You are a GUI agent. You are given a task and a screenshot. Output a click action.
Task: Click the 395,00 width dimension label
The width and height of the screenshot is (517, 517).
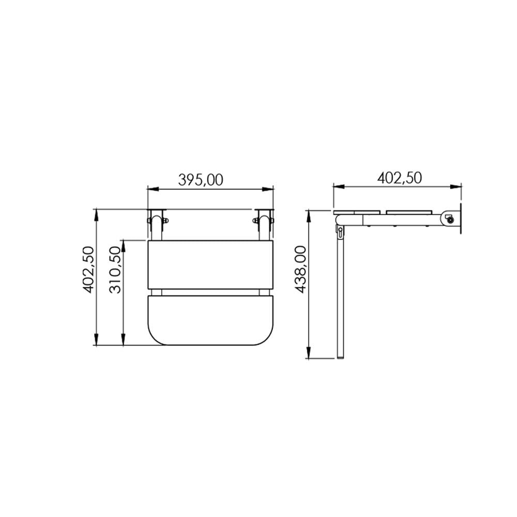pos(201,180)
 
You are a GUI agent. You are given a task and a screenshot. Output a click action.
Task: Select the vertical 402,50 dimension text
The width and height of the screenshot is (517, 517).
pos(88,269)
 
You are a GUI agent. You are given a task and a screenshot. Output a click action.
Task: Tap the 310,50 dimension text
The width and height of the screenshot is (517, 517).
pos(115,269)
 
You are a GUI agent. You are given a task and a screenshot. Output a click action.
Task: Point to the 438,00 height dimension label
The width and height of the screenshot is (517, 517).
pos(300,269)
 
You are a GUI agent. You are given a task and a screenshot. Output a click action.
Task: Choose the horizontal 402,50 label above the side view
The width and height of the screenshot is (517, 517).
pos(400,178)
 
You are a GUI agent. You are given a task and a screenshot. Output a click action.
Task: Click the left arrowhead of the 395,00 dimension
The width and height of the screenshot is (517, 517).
pos(153,189)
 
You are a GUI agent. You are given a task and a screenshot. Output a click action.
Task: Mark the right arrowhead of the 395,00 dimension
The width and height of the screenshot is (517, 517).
pos(268,189)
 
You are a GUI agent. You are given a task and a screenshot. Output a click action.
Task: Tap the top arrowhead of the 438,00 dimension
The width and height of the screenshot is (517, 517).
pos(309,216)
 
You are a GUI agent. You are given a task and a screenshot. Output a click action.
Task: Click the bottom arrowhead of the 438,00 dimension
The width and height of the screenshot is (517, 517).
pos(309,353)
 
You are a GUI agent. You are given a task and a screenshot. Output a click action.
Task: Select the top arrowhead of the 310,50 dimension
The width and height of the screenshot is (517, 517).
pos(123,246)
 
